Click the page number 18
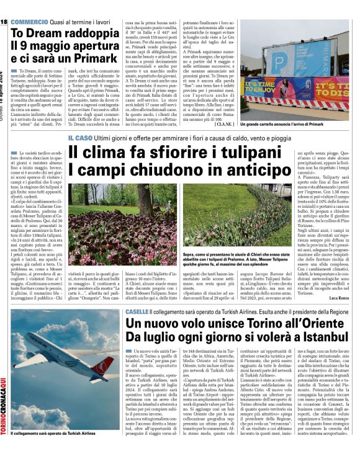coord(4,22)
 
